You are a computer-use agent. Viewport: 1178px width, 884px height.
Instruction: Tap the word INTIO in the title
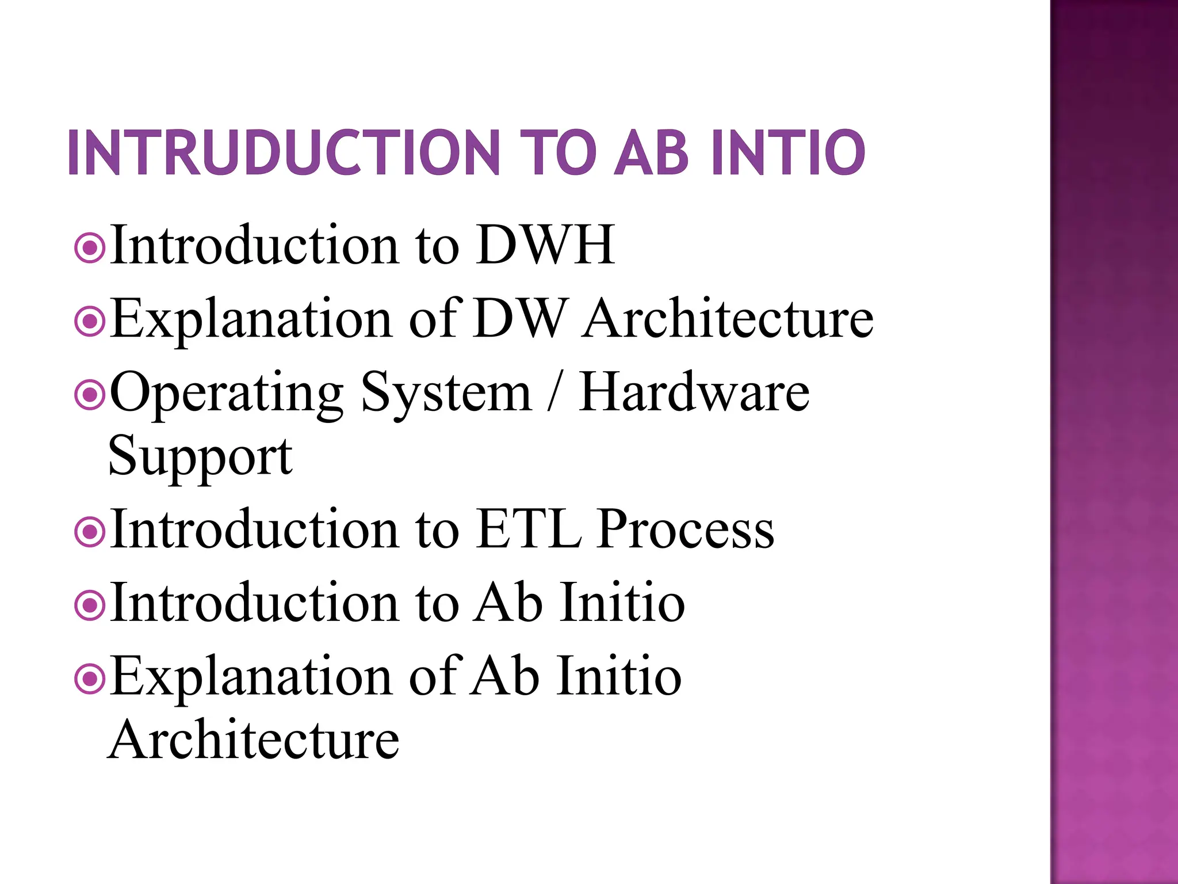tap(787, 153)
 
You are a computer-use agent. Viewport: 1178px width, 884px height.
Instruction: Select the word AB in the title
tap(651, 153)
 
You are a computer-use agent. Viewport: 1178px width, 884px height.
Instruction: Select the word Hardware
tap(694, 392)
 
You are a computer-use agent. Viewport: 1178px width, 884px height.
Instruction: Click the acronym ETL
tap(528, 529)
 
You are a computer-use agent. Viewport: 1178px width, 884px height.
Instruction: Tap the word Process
tap(685, 529)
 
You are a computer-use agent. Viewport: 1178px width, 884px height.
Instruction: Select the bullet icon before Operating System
tap(90, 395)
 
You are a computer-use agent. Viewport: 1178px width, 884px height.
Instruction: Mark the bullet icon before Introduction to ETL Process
tap(90, 532)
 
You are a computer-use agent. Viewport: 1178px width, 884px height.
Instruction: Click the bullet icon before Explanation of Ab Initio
tap(90, 680)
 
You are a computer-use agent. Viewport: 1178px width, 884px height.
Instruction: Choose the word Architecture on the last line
tap(254, 740)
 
